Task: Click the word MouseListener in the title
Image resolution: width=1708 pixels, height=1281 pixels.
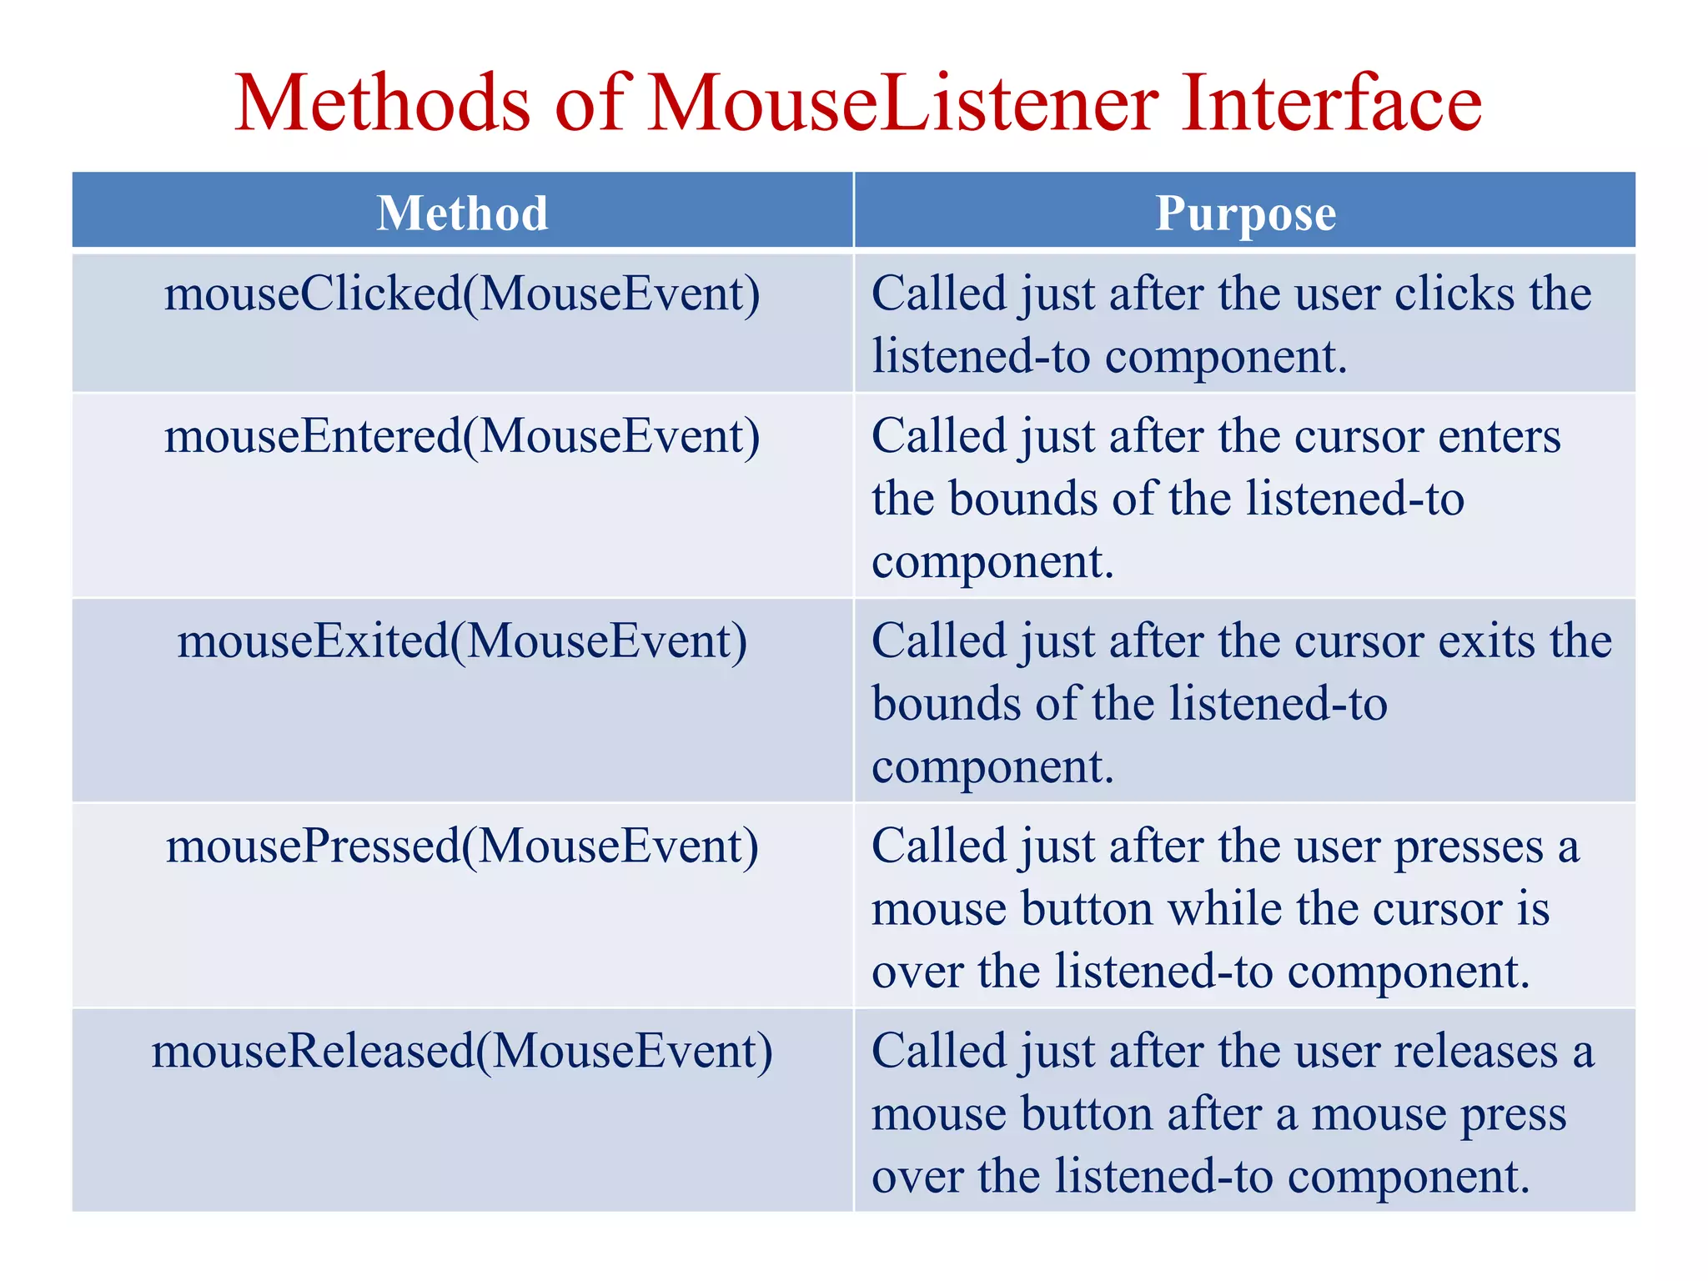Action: pos(904,103)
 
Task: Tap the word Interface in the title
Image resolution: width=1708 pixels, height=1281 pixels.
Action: pos(1331,103)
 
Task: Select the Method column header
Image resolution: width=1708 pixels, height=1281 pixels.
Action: pos(463,213)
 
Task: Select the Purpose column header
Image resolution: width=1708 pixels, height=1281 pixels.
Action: pos(1245,213)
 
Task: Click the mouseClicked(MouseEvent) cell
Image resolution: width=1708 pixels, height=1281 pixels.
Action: pos(463,294)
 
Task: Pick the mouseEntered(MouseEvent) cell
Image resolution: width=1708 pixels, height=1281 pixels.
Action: pos(463,437)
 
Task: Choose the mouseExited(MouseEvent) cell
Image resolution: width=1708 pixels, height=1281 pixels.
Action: pos(463,642)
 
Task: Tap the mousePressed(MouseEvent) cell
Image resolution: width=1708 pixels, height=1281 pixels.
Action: pos(463,846)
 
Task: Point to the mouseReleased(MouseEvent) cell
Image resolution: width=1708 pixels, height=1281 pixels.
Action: pos(463,1052)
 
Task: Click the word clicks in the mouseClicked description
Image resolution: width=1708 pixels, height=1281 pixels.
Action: pos(1454,294)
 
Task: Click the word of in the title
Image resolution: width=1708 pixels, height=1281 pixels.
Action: pos(589,103)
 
